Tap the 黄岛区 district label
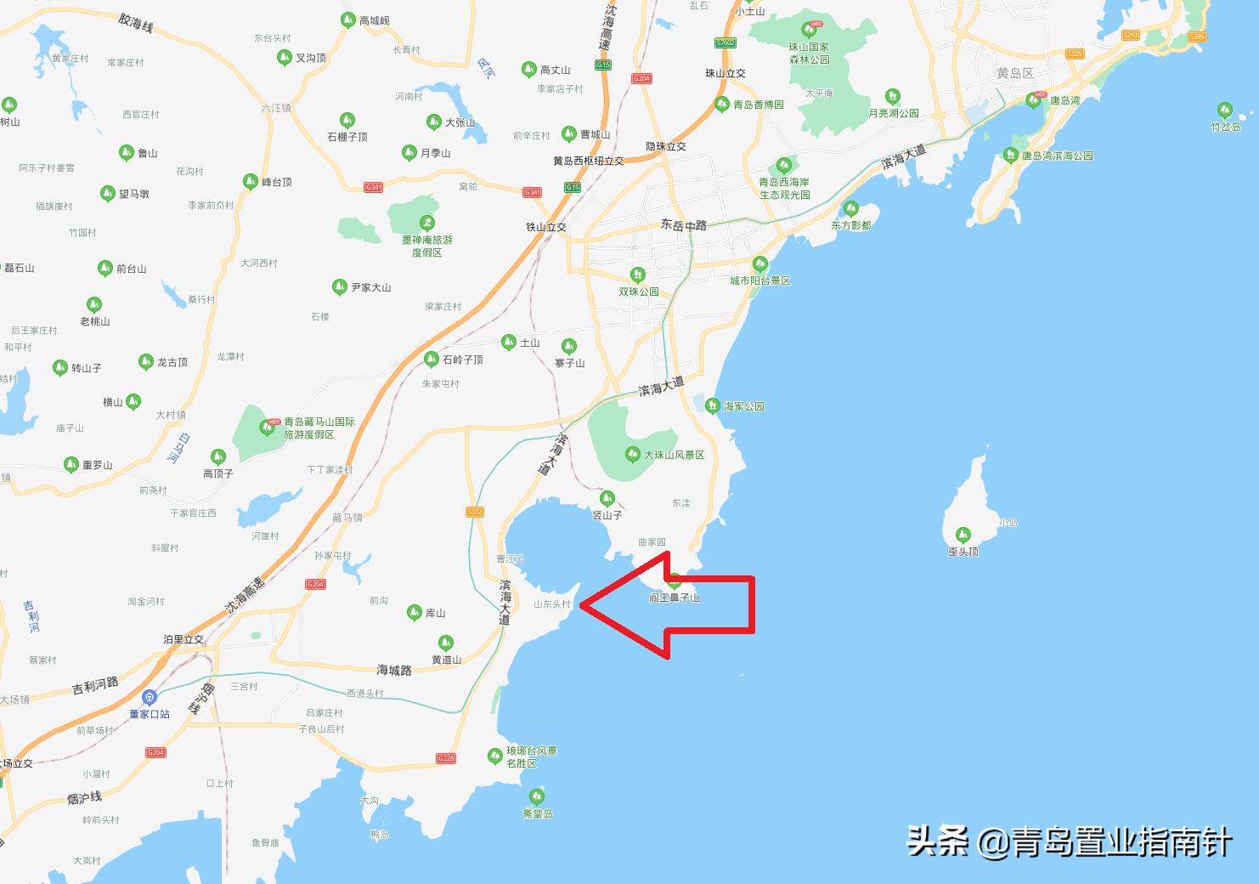tap(1015, 74)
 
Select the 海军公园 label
tap(743, 406)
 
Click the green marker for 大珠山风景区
tap(632, 454)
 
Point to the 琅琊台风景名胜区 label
tap(532, 756)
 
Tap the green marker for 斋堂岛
tap(537, 796)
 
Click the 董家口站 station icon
tap(150, 698)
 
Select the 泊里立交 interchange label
tap(183, 639)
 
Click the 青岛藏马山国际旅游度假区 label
tap(319, 428)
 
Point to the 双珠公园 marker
tap(637, 275)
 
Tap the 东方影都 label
tap(851, 225)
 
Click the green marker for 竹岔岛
tap(1224, 110)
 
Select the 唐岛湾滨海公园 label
tap(1057, 156)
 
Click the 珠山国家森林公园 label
tap(809, 54)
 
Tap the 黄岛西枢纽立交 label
tap(589, 161)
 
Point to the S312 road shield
tap(474, 512)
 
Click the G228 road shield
tap(446, 758)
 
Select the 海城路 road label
tap(394, 670)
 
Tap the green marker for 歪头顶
tap(963, 534)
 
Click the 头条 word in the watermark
tap(938, 841)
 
